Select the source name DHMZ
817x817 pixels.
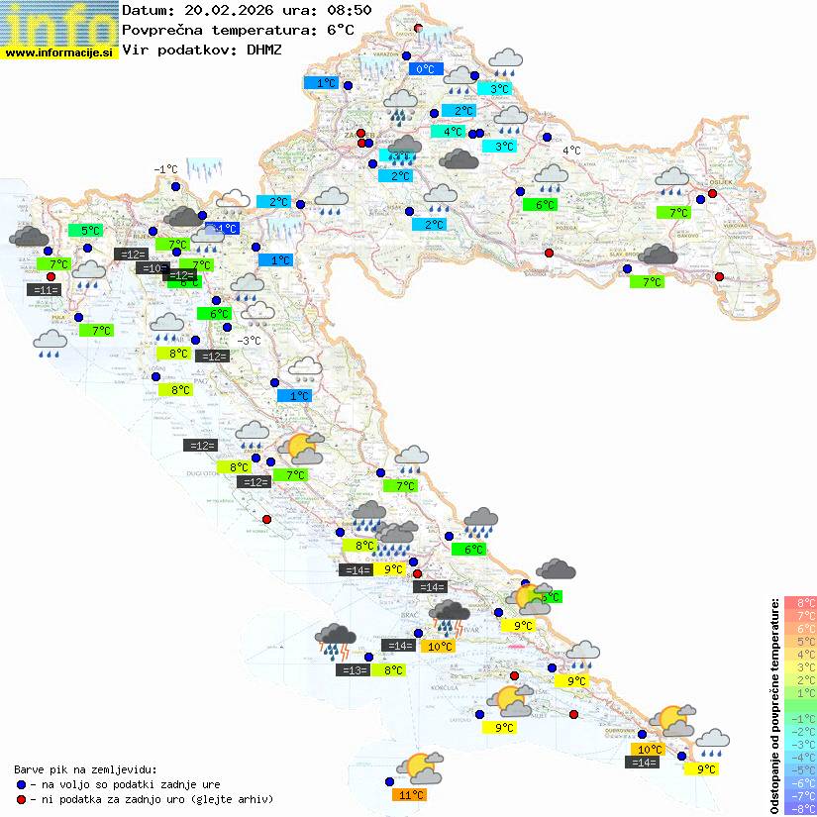[x=260, y=50]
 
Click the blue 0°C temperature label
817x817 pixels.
[x=425, y=69]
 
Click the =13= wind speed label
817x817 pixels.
[x=353, y=670]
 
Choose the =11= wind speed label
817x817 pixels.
[x=43, y=289]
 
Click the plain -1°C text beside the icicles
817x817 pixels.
[x=165, y=169]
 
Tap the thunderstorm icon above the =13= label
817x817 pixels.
[x=335, y=641]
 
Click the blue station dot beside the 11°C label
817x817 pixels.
[x=389, y=781]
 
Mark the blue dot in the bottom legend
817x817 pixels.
[x=21, y=784]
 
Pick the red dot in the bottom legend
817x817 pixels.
[x=21, y=799]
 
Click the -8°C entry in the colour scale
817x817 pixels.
[x=799, y=808]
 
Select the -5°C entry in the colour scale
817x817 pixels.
[x=799, y=769]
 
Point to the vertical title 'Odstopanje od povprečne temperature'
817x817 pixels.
[x=774, y=704]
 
